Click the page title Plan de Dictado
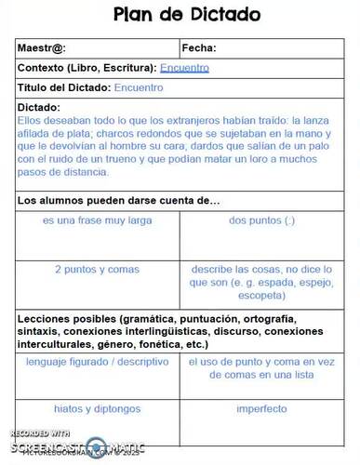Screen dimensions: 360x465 tap(186, 15)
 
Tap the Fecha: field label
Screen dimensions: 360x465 tap(200, 48)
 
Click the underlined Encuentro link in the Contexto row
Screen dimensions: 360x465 tap(184, 68)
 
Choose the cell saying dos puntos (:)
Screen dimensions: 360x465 tap(261, 221)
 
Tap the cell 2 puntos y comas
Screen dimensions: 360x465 tap(98, 269)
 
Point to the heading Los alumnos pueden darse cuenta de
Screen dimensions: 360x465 tap(119, 200)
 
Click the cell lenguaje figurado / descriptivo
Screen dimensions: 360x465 tap(98, 361)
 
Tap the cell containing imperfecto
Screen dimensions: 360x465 tap(261, 408)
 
